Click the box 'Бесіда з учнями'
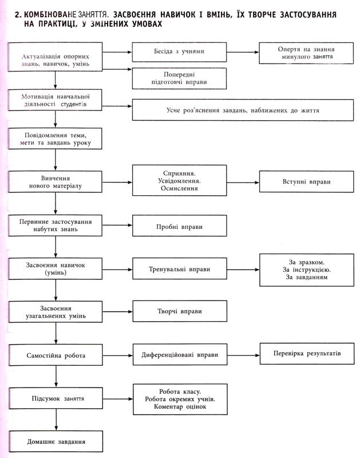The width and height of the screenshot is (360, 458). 179,52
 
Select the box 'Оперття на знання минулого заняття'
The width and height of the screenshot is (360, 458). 306,53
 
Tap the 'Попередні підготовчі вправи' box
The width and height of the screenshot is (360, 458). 179,78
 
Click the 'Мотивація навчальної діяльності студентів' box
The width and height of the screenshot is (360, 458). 55,100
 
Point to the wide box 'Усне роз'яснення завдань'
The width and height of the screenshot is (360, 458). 243,110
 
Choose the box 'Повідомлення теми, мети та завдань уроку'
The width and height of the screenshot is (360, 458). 55,139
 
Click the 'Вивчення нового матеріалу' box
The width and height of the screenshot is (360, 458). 55,181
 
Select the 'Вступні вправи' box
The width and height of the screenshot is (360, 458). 307,181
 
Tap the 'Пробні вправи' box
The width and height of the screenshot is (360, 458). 180,226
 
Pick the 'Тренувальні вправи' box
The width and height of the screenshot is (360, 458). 180,269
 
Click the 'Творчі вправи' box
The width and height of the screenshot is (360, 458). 180,311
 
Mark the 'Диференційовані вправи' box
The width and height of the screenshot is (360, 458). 180,354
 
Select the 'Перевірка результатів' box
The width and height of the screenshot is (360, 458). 307,354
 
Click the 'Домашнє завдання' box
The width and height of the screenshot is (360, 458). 56,441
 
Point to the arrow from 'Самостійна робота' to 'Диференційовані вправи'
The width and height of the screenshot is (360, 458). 118,356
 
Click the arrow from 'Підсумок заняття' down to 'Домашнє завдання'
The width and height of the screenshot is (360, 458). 56,420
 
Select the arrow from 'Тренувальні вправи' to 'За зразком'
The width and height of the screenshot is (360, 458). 243,270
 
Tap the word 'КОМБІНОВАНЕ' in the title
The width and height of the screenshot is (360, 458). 50,14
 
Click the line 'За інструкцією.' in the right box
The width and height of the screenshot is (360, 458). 307,270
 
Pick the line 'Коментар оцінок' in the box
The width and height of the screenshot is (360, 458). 180,406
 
